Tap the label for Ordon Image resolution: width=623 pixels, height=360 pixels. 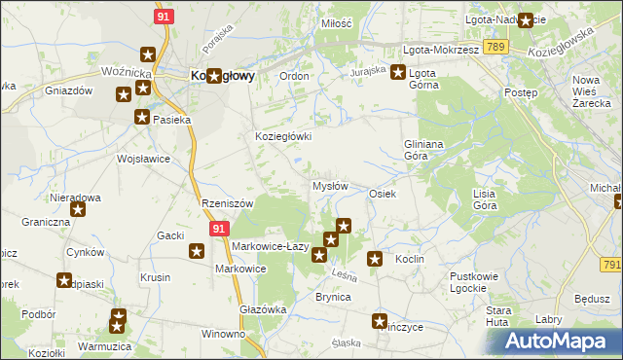pos(294,76)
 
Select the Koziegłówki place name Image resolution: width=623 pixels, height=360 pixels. pos(283,137)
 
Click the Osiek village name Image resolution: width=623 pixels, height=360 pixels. pos(382,194)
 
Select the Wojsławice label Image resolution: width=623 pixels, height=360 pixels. pos(143,159)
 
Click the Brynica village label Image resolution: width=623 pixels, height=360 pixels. pos(332,297)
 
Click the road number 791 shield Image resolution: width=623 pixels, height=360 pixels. pos(611,264)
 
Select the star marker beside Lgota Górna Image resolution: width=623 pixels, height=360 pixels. pos(398,71)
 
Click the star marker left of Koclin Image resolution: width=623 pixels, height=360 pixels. pos(375,259)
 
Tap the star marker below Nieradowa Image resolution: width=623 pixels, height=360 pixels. pos(78,208)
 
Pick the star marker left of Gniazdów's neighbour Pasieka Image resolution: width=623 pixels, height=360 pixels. pos(142,118)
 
